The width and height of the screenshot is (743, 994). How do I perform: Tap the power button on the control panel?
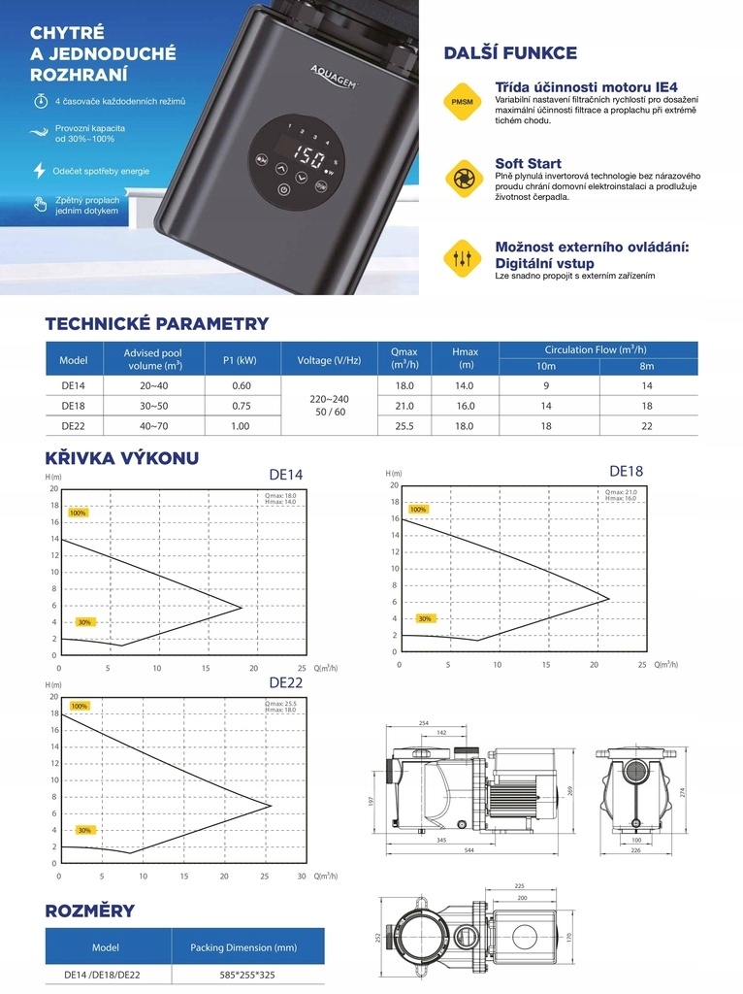click(x=282, y=190)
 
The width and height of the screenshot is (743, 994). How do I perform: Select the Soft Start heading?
click(x=528, y=163)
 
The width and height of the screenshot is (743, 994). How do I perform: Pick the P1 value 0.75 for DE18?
click(x=241, y=406)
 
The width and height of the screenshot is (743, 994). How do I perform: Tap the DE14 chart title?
click(x=285, y=475)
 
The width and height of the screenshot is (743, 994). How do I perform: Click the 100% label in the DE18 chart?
click(x=418, y=510)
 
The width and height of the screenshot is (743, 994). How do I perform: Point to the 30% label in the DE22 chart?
click(x=84, y=830)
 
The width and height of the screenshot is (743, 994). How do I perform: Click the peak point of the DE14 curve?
click(x=241, y=608)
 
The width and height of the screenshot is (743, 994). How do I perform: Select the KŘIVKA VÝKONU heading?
click(x=122, y=457)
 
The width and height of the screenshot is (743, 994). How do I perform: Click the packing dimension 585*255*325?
click(x=247, y=974)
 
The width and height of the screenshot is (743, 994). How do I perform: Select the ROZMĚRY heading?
click(x=90, y=911)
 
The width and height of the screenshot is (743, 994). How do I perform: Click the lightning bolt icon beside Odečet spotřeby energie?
click(x=40, y=171)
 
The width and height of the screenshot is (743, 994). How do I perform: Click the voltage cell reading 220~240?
click(x=328, y=398)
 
